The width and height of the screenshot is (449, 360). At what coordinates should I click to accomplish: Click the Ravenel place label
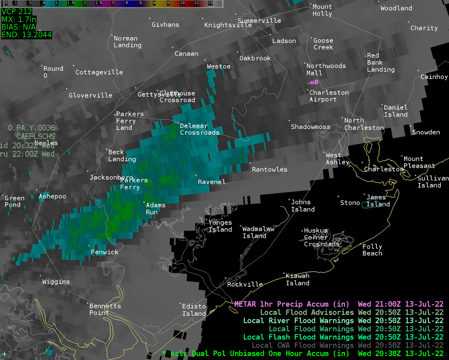click(x=211, y=182)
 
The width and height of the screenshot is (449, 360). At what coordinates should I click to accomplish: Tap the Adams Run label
click(x=155, y=208)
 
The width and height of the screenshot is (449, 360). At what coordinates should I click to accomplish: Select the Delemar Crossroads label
click(x=199, y=129)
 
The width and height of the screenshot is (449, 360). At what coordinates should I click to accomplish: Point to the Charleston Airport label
click(x=329, y=96)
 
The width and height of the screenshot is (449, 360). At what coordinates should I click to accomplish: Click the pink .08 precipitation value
click(x=312, y=82)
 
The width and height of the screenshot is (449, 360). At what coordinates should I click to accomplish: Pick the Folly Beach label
click(x=372, y=250)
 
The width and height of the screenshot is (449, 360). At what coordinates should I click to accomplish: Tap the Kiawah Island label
click(x=297, y=280)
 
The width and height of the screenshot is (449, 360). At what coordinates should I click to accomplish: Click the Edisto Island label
click(x=194, y=310)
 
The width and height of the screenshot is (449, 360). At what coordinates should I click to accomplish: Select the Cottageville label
click(x=99, y=72)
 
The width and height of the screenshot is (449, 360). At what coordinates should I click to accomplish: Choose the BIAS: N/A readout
click(x=19, y=27)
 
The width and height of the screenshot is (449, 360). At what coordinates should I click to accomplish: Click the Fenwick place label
click(x=104, y=252)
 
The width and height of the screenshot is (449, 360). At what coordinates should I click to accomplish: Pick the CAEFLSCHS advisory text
click(x=36, y=136)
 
